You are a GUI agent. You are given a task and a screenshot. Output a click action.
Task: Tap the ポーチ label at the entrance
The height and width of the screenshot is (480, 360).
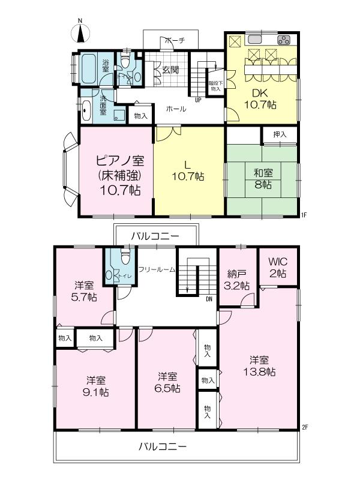click(x=174, y=40)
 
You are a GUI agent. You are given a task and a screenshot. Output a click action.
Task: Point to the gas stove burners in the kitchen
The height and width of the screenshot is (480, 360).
click(x=283, y=40)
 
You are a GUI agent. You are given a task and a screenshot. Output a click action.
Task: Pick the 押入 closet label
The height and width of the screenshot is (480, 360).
click(x=280, y=135)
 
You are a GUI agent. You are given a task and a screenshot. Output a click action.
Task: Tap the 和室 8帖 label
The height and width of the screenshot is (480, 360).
click(x=262, y=179)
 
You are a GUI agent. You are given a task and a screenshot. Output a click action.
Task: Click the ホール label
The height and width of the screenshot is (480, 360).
click(x=176, y=109)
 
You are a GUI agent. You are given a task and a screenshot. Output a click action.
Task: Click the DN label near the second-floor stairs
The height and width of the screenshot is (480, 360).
click(x=208, y=298)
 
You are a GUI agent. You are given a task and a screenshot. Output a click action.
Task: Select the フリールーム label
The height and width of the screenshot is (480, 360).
click(x=157, y=270)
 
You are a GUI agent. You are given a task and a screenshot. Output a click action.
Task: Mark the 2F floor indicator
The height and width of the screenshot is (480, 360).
click(x=304, y=427)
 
